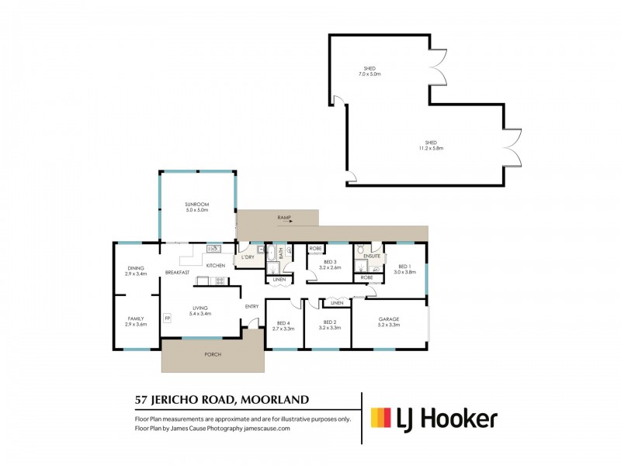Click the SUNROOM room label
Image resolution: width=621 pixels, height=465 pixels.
click(197, 205)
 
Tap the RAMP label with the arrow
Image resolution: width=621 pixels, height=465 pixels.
click(284, 219)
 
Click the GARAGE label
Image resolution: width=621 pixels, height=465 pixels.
click(388, 319)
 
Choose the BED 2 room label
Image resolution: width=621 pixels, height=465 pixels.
click(329, 322)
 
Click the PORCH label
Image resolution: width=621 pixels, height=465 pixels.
click(213, 354)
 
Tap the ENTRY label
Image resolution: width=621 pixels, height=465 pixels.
click(252, 307)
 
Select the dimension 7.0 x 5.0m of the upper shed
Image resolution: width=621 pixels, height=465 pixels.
click(369, 74)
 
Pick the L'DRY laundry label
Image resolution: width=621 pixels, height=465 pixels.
click(248, 257)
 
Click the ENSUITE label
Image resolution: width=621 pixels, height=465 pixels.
click(371, 256)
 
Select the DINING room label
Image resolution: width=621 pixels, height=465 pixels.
click(136, 269)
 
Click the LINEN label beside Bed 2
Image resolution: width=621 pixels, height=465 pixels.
click(335, 303)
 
